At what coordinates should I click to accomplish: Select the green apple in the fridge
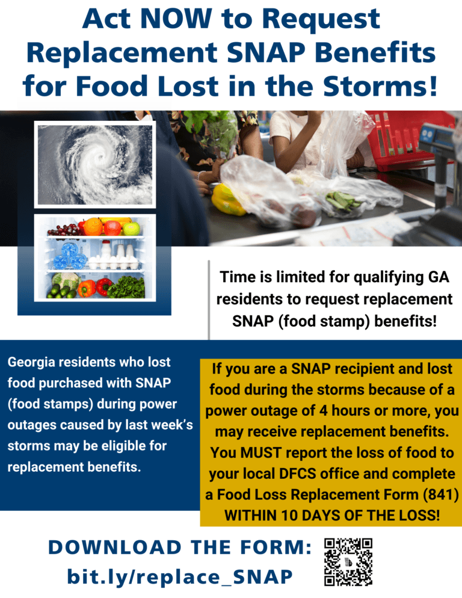pyautogui.click(x=131, y=228)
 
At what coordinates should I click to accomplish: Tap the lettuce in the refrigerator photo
pyautogui.click(x=127, y=288)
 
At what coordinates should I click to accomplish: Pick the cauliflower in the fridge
pyautogui.click(x=65, y=280)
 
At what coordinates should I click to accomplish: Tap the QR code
pyautogui.click(x=348, y=561)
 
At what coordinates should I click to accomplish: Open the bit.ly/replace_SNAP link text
pyautogui.click(x=180, y=576)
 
